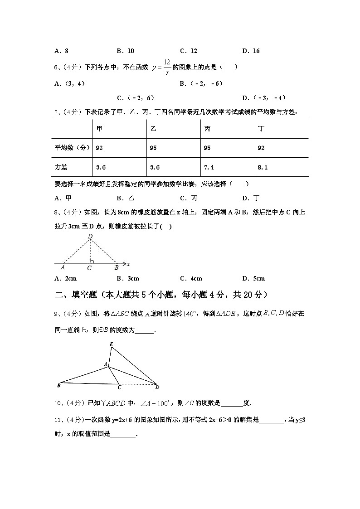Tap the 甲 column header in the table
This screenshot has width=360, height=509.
[100, 129]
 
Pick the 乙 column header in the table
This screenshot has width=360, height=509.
[153, 129]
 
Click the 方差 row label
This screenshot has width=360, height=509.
[61, 167]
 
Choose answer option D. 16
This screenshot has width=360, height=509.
[251, 51]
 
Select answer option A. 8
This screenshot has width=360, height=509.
[61, 51]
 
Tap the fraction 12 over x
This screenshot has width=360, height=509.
[167, 67]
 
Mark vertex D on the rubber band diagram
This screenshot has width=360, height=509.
[90, 236]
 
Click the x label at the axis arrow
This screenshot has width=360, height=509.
[129, 264]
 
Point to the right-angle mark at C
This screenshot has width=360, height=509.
[92, 262]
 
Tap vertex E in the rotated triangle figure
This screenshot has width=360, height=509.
[111, 344]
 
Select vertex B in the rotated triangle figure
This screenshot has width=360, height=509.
[59, 386]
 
